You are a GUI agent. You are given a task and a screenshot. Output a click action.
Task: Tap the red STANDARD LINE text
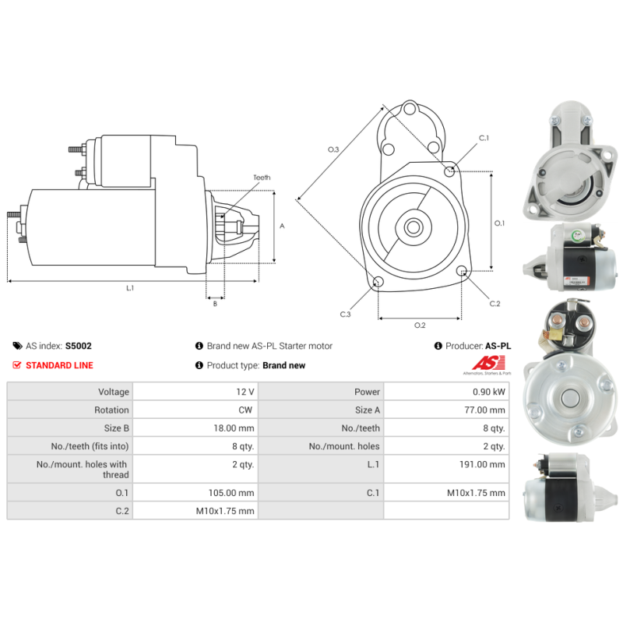click(x=59, y=365)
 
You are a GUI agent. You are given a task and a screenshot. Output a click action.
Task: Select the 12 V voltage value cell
click(x=246, y=392)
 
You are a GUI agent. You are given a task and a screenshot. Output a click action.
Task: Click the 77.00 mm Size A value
click(x=484, y=410)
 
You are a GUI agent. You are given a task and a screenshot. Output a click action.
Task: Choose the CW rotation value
click(x=248, y=410)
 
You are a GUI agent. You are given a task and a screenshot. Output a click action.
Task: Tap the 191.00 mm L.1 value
click(x=482, y=464)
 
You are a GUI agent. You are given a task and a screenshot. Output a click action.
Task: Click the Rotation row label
click(x=111, y=410)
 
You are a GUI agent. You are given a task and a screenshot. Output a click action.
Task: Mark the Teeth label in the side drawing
click(x=262, y=178)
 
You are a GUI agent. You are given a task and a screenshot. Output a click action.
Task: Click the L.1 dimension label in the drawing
click(x=130, y=288)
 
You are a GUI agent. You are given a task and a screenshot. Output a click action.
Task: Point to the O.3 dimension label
click(x=333, y=149)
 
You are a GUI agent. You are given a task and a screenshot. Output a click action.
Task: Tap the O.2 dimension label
click(x=420, y=325)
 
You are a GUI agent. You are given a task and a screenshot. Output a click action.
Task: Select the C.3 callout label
click(x=345, y=314)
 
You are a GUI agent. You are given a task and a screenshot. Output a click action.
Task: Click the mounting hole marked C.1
click(x=449, y=171)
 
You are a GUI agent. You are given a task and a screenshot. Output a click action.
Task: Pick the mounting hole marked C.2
click(x=462, y=272)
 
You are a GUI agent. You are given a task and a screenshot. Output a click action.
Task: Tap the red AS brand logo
click(x=491, y=363)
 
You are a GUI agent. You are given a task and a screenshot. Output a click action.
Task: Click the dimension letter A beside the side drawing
click(x=282, y=226)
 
